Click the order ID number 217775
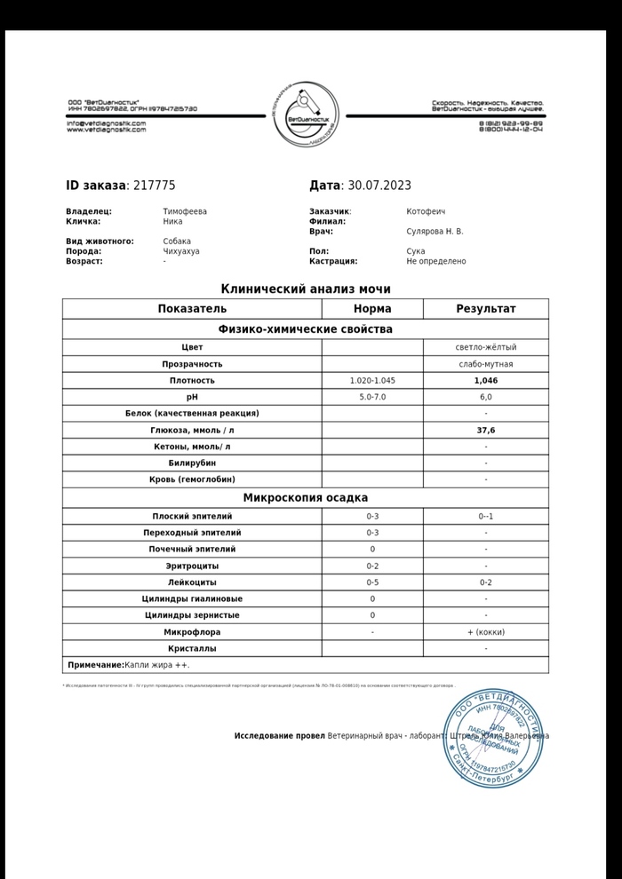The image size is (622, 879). (154, 186)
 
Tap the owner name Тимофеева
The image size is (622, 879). (185, 211)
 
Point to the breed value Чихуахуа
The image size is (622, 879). (181, 251)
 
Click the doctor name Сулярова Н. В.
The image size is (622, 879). (435, 232)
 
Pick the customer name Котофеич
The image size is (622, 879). (426, 211)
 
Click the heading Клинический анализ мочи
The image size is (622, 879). (306, 289)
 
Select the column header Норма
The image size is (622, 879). (372, 309)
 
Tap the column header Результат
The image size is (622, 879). (485, 309)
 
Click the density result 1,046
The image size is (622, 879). (485, 381)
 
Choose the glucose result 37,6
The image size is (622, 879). (485, 430)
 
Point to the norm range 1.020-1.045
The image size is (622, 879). (372, 381)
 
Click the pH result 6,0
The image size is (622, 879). (485, 397)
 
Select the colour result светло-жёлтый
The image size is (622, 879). (485, 347)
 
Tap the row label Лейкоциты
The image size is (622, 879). (192, 582)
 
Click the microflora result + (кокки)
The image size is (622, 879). (485, 632)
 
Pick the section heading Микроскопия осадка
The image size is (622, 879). (306, 498)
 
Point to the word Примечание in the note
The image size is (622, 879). (96, 665)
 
